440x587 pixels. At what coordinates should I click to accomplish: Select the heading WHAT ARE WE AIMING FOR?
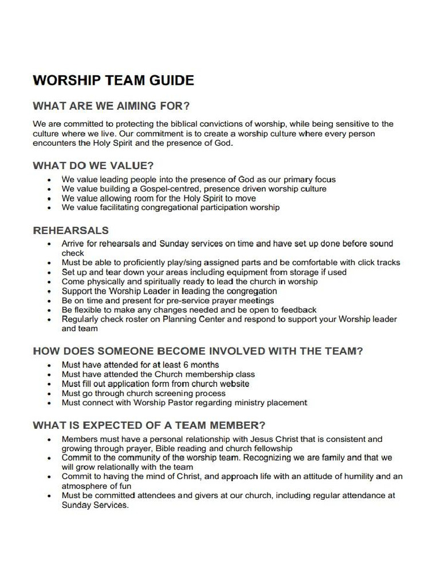coord(111,106)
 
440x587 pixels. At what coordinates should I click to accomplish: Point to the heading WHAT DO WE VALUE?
coord(93,166)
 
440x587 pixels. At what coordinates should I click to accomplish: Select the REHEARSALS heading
coord(70,230)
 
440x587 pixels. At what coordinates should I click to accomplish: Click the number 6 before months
coord(186,365)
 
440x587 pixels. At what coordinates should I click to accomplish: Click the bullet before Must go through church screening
coord(50,394)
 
